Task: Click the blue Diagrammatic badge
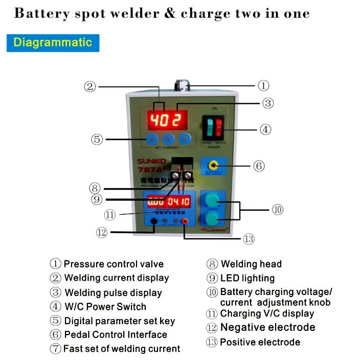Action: [x=53, y=42]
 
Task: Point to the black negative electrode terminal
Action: [x=154, y=221]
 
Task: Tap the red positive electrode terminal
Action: [x=184, y=221]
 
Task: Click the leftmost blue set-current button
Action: [x=152, y=139]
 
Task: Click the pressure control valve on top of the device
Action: [x=181, y=85]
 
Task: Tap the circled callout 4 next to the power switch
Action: [x=265, y=129]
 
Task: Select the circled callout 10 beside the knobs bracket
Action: [x=277, y=210]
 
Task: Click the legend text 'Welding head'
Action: [x=251, y=264]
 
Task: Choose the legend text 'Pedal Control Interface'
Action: [x=116, y=335]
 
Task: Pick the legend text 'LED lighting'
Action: [x=247, y=279]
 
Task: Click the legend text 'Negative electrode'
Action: [x=267, y=328]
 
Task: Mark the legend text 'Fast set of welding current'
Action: [x=122, y=349]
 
